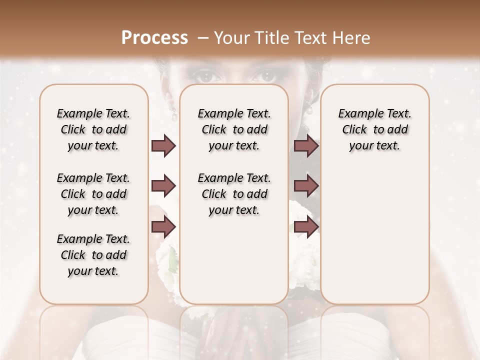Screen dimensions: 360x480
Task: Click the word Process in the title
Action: pos(154,38)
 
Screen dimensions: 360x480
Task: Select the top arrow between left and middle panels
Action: pos(163,146)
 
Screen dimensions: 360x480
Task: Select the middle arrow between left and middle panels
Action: pos(163,186)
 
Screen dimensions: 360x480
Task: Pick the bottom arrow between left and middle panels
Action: pos(163,227)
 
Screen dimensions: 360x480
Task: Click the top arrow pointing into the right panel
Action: pos(306,146)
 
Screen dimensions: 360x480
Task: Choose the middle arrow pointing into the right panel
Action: pos(306,186)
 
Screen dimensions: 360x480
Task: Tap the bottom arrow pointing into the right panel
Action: pos(306,227)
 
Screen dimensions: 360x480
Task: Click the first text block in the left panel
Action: pos(93,129)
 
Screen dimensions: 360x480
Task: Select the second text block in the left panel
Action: pos(93,194)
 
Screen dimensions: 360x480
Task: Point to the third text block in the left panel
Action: pos(93,255)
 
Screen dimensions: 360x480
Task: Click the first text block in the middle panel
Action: pos(234,129)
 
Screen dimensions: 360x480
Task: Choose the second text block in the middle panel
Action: pos(234,194)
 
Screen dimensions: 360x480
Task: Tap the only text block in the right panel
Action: pos(374,129)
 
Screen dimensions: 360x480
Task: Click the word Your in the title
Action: pos(231,38)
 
